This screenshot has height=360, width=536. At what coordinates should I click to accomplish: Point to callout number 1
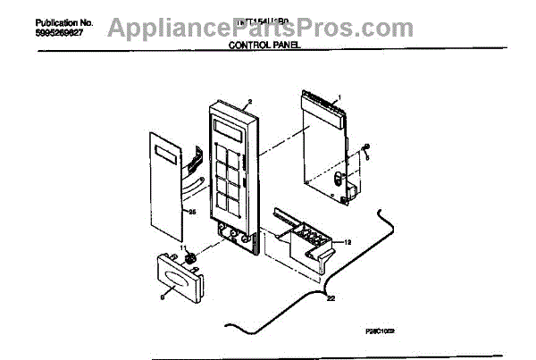click(339, 98)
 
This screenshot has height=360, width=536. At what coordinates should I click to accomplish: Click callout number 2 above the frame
click(250, 101)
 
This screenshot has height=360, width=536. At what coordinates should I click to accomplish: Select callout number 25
click(190, 212)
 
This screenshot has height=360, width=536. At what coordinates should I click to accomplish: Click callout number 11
click(183, 247)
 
